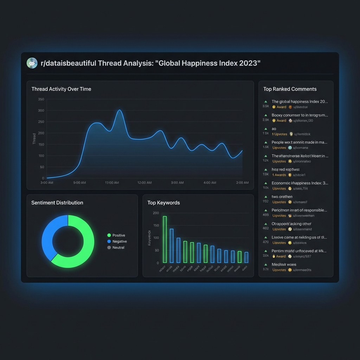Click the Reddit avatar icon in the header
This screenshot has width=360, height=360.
click(x=32, y=63)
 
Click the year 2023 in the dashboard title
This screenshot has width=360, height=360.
click(x=248, y=63)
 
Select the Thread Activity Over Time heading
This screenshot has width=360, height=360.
click(x=61, y=89)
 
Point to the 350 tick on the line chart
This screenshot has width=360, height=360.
click(x=41, y=99)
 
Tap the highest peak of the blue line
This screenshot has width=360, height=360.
click(x=120, y=110)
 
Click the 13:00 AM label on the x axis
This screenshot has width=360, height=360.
click(x=112, y=183)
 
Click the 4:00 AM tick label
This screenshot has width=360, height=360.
click(x=210, y=183)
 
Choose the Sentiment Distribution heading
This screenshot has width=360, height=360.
click(x=57, y=203)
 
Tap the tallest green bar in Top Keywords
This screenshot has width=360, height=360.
click(x=165, y=239)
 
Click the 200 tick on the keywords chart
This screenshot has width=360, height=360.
click(x=156, y=213)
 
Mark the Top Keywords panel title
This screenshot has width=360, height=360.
click(x=163, y=203)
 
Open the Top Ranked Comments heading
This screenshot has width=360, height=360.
click(x=290, y=89)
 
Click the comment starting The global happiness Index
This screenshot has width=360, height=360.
click(x=300, y=102)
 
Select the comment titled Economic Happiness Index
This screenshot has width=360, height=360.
click(x=300, y=183)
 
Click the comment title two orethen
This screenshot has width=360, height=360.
click(x=282, y=197)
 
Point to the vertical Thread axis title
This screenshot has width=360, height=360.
click(x=34, y=139)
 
